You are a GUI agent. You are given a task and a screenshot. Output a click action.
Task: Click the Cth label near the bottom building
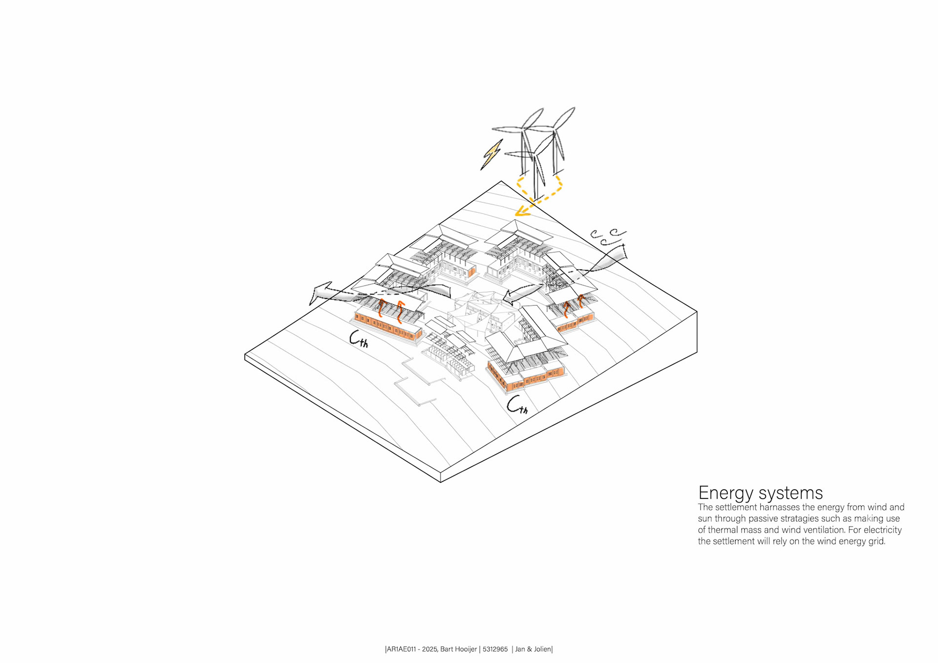coord(517,405)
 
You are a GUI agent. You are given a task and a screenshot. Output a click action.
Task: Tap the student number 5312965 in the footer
coord(495,649)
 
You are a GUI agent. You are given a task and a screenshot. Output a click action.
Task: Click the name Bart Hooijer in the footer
coord(458,649)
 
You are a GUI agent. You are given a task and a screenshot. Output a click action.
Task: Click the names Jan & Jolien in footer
coord(533,649)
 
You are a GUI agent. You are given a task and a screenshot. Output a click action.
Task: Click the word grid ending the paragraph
coord(876,541)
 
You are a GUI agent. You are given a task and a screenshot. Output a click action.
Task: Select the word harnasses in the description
coord(780,507)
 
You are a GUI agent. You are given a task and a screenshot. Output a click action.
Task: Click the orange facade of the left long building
coord(388,327)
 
